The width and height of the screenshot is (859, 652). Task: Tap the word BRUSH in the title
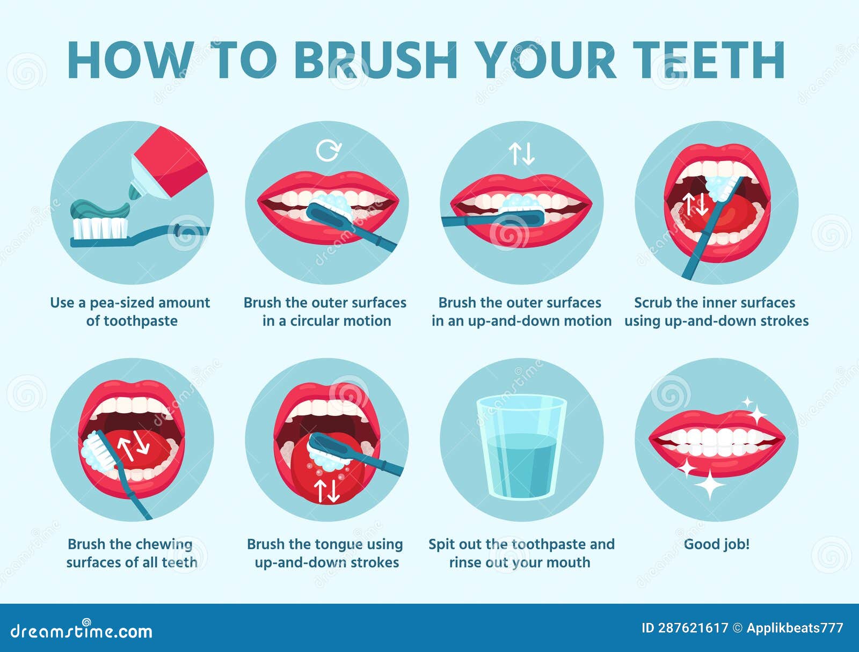pyautogui.click(x=376, y=60)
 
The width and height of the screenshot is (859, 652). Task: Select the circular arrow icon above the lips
pyautogui.click(x=327, y=150)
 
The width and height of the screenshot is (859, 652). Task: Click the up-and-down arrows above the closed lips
pyautogui.click(x=522, y=153)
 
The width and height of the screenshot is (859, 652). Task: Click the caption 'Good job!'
pyautogui.click(x=716, y=544)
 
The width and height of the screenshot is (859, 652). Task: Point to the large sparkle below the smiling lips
pyautogui.click(x=709, y=485)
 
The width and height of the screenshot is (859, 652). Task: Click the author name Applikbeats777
pyautogui.click(x=795, y=628)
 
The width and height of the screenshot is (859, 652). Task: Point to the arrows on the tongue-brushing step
pyautogui.click(x=326, y=490)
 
